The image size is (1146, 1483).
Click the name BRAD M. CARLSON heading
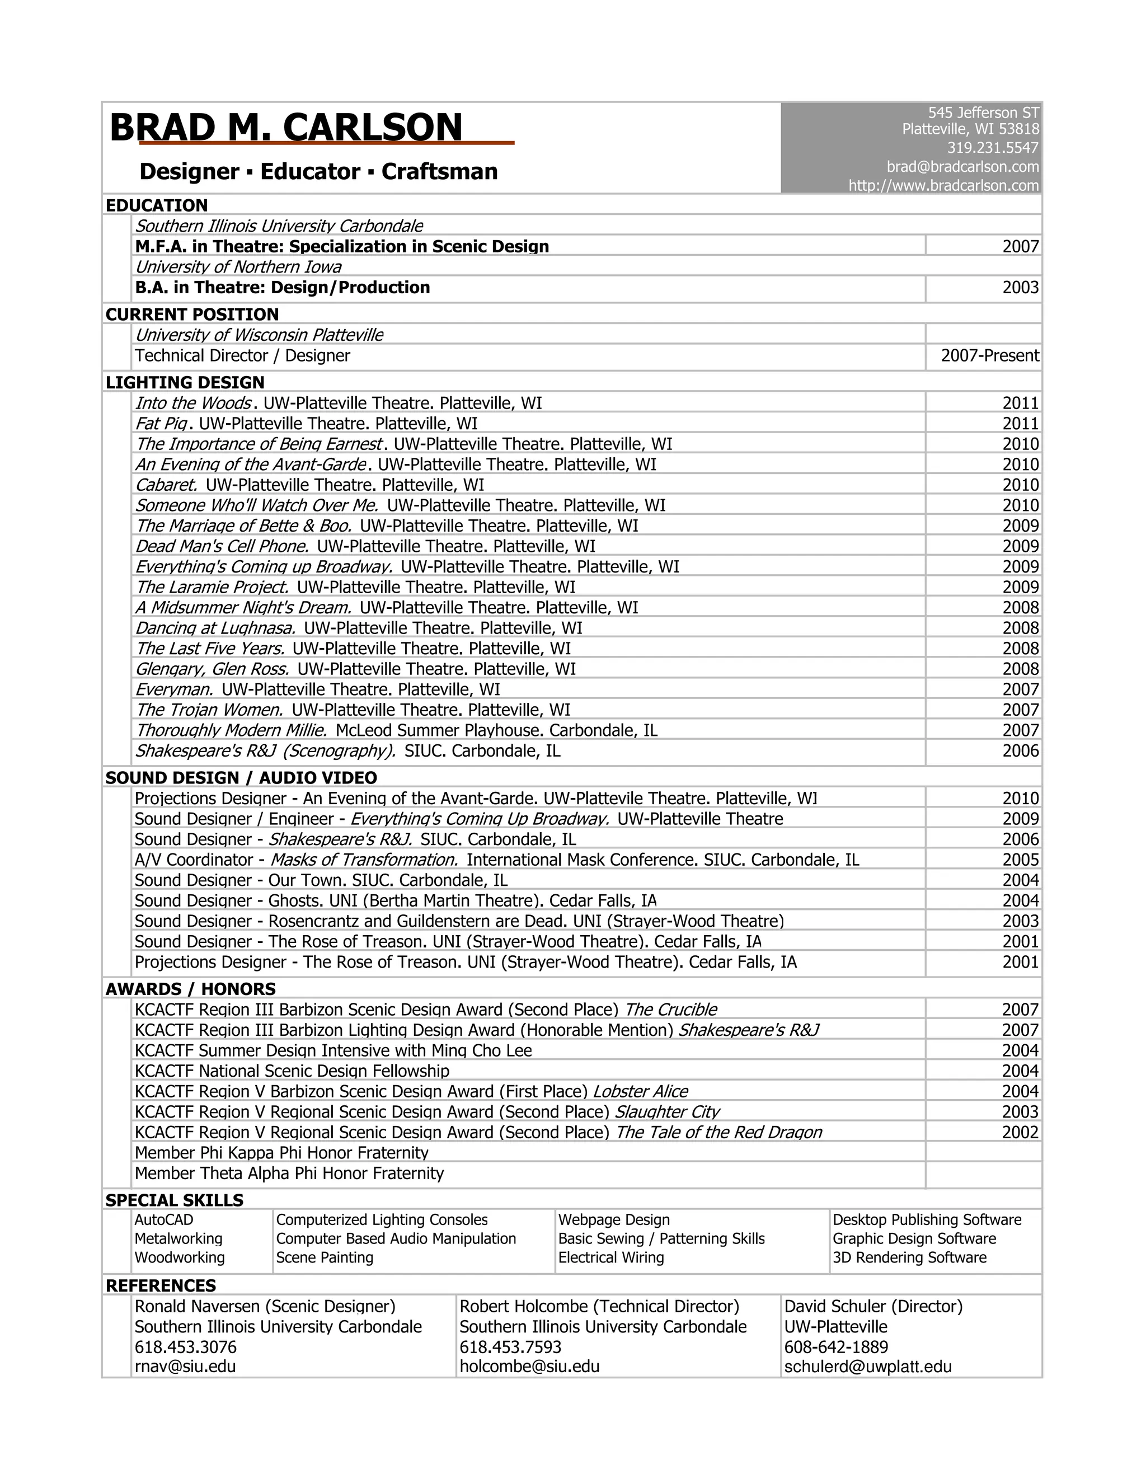(x=286, y=127)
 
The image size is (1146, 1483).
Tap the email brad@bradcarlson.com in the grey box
(x=962, y=166)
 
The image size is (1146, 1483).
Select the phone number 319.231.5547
(x=993, y=147)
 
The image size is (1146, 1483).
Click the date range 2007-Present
(x=989, y=355)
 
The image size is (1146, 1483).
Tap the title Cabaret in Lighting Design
(x=166, y=485)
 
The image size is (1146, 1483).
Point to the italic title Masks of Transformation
(x=364, y=860)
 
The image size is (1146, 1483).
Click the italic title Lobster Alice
(x=640, y=1091)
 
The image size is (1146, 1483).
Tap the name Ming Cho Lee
(x=481, y=1050)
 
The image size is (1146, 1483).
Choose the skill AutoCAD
(x=163, y=1219)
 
